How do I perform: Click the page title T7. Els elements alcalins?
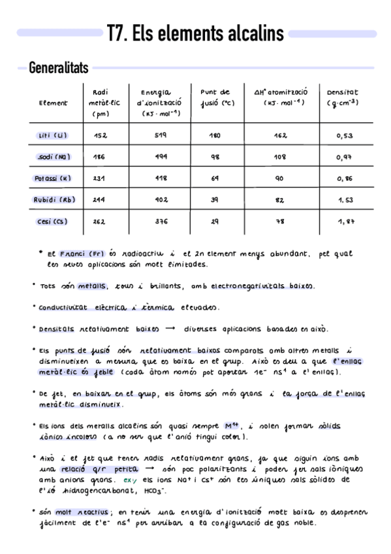(x=196, y=33)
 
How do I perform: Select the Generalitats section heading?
(x=59, y=67)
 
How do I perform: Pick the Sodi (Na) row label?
(x=54, y=157)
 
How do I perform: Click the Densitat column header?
(x=342, y=97)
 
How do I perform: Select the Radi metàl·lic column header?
(x=100, y=103)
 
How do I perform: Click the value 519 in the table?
(x=161, y=135)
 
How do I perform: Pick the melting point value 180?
(x=215, y=135)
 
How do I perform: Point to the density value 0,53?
(x=345, y=136)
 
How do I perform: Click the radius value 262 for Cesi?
(x=99, y=221)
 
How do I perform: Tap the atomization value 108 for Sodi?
(x=280, y=157)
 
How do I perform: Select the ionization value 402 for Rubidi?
(x=161, y=199)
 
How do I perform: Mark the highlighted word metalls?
(x=91, y=285)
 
